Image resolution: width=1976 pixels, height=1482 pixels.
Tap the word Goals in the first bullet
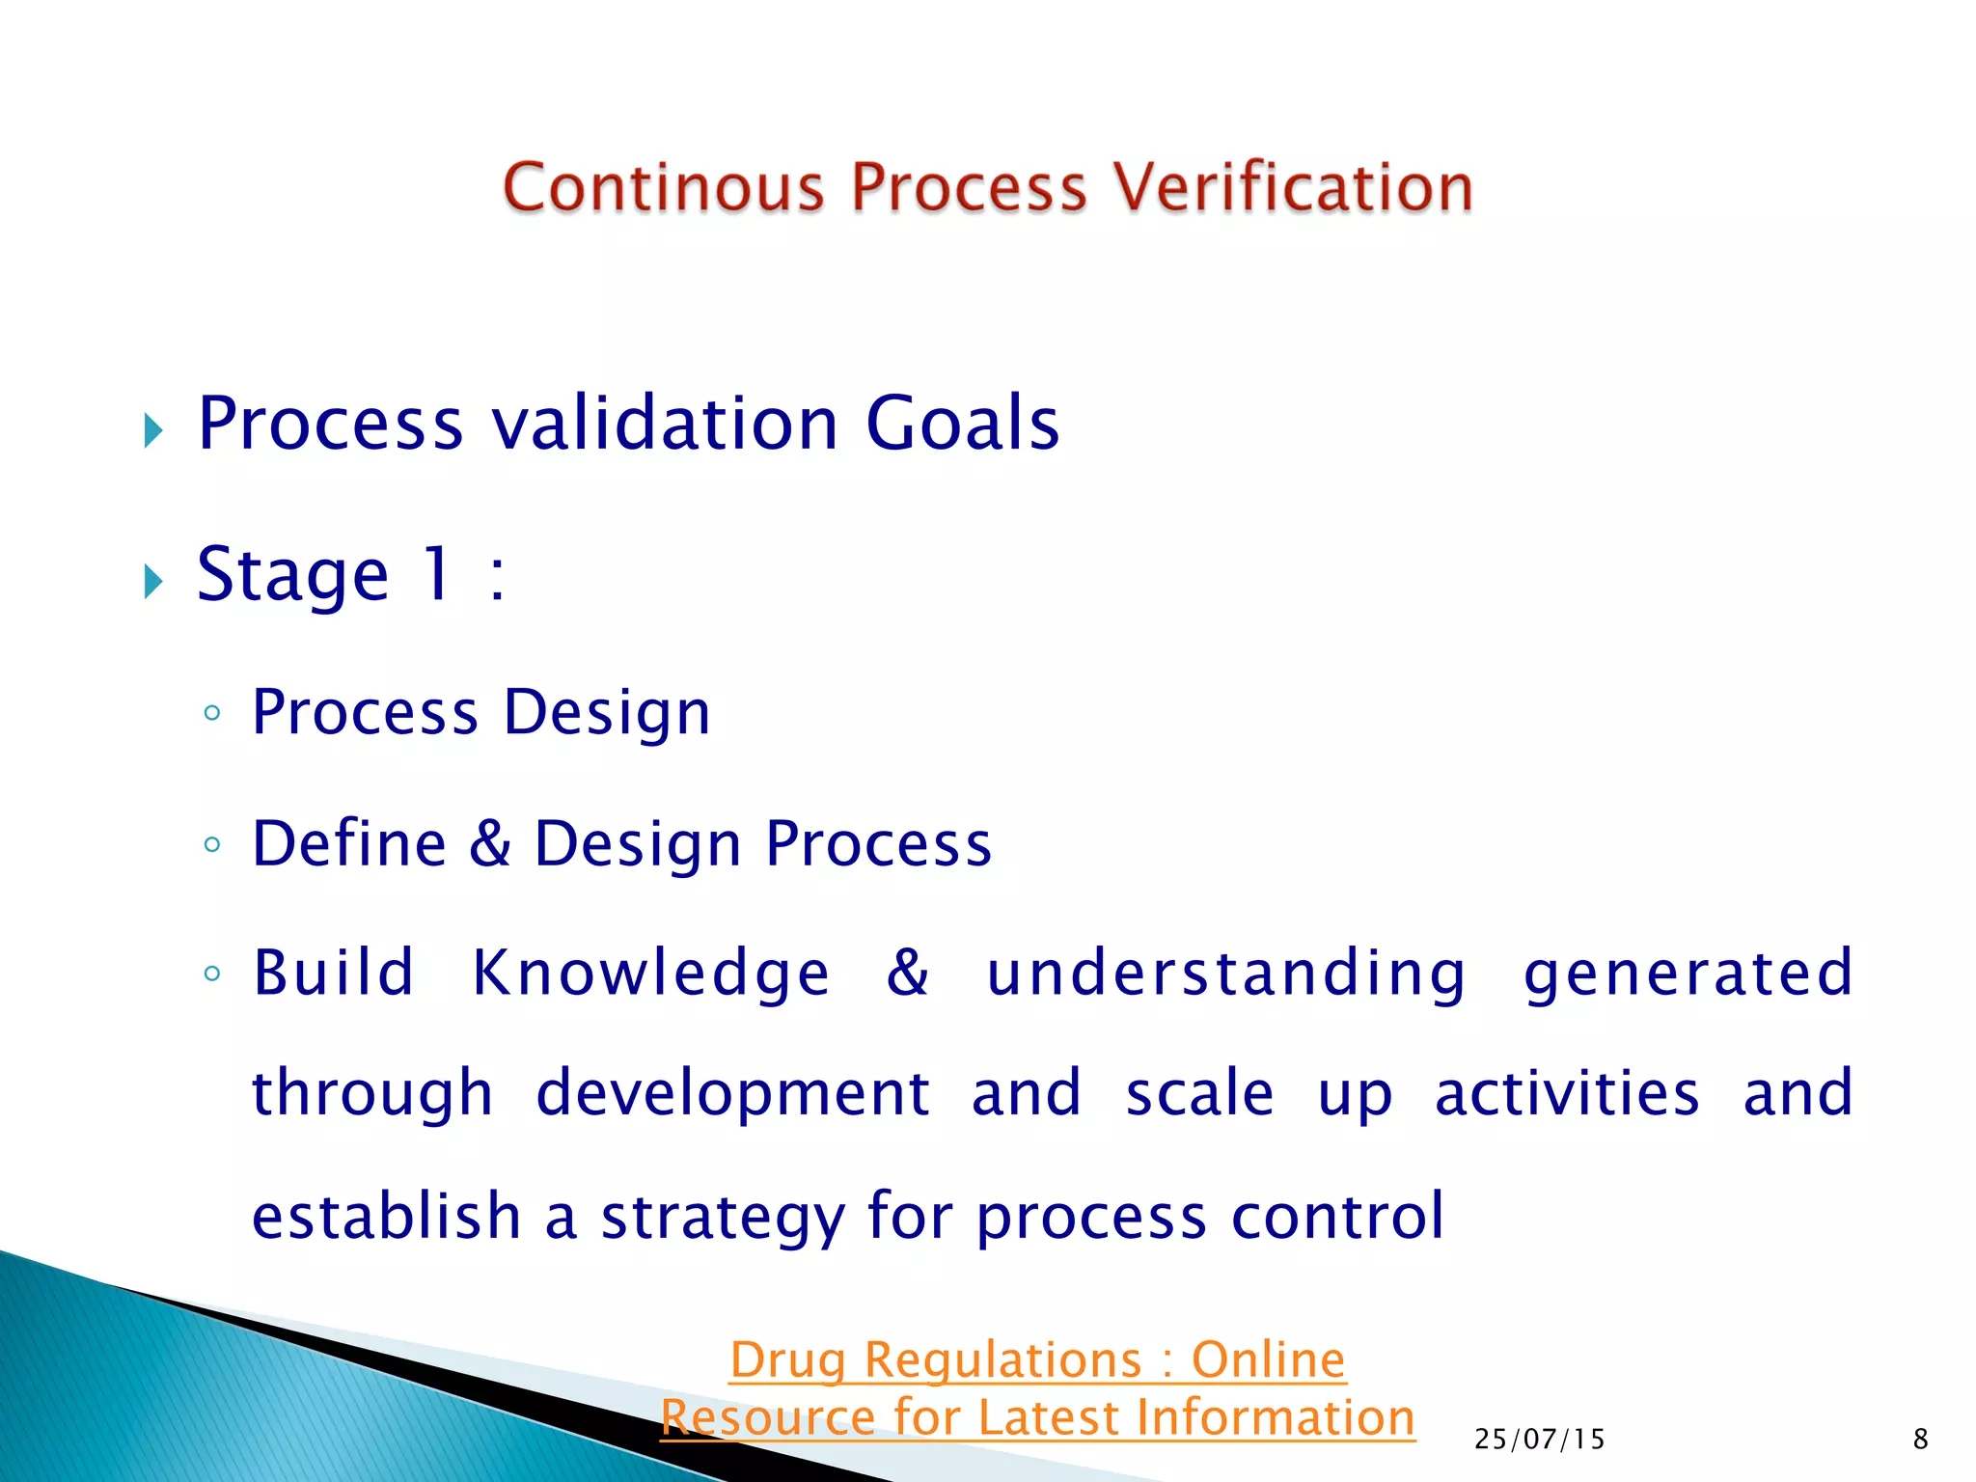pyautogui.click(x=962, y=424)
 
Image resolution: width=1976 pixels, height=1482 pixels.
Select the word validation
pyautogui.click(x=665, y=424)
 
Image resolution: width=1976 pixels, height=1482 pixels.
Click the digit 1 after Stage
pyautogui.click(x=437, y=573)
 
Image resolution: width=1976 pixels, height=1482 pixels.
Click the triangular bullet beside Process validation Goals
pyautogui.click(x=153, y=430)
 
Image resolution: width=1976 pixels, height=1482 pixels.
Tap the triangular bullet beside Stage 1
pyautogui.click(x=153, y=581)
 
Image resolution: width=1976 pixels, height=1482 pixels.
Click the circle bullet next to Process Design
pyautogui.click(x=212, y=714)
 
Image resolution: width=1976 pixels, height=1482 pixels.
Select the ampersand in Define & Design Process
pyautogui.click(x=490, y=842)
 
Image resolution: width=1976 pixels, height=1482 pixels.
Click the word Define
pyautogui.click(x=349, y=843)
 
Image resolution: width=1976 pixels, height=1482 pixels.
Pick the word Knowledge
pyautogui.click(x=650, y=973)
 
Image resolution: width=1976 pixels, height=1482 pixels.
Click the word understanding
pyautogui.click(x=1225, y=973)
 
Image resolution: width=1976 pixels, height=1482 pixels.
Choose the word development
pyautogui.click(x=732, y=1093)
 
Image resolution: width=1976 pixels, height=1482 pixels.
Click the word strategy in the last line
pyautogui.click(x=722, y=1216)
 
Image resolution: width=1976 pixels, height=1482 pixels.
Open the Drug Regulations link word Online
pyautogui.click(x=1268, y=1360)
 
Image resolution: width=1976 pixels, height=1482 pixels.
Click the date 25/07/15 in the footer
pyautogui.click(x=1539, y=1440)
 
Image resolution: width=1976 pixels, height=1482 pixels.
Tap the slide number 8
pyautogui.click(x=1920, y=1440)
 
